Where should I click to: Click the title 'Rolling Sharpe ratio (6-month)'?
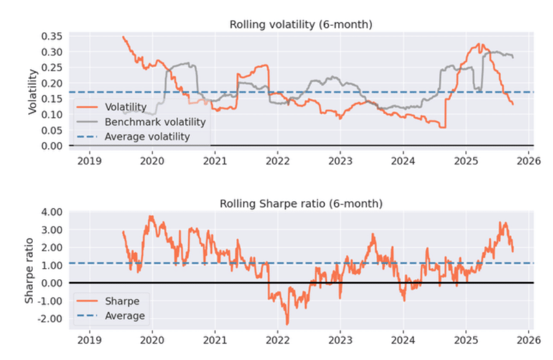coord(301,204)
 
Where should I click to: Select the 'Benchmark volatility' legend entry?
coord(155,122)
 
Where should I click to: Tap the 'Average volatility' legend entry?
coord(147,137)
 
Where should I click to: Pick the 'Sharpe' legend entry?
coord(122,301)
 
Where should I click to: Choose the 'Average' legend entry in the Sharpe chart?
coord(125,316)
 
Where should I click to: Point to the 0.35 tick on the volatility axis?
coord(53,36)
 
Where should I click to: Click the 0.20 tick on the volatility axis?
coord(53,83)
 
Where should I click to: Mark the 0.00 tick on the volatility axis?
coord(53,145)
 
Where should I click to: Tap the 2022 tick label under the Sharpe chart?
coord(278,339)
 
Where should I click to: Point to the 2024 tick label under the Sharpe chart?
coord(403,339)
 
